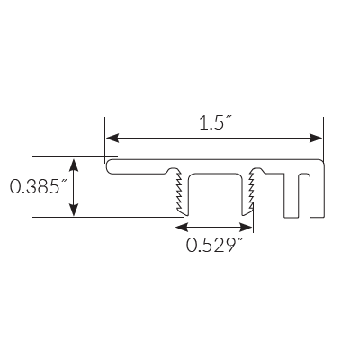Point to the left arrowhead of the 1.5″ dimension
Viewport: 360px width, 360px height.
click(112, 138)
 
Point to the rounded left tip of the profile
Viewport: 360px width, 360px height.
click(108, 166)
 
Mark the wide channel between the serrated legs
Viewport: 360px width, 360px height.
click(214, 193)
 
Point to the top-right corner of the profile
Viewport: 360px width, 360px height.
click(321, 161)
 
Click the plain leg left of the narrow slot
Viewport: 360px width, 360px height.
click(290, 193)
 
